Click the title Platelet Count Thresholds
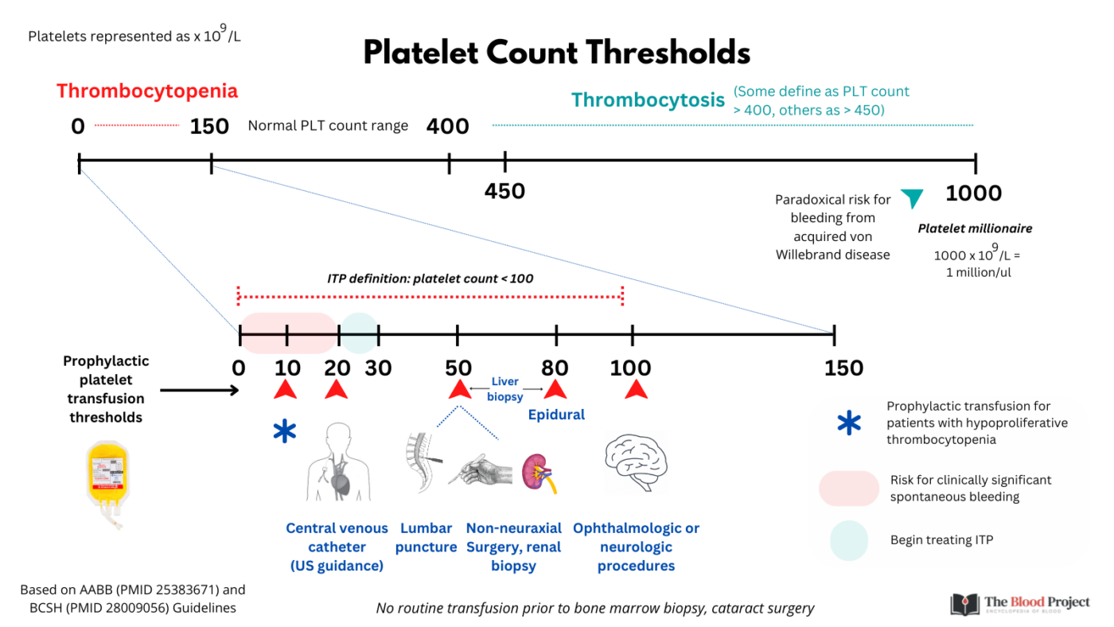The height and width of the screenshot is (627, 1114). tap(556, 53)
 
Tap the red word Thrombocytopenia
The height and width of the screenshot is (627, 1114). tap(147, 91)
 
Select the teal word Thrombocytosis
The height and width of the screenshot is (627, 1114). tap(648, 100)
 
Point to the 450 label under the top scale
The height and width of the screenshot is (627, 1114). tap(504, 192)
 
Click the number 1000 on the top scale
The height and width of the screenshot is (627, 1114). tap(973, 193)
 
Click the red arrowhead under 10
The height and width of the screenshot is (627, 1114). tap(286, 389)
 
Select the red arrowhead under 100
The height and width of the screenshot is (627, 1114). tap(635, 389)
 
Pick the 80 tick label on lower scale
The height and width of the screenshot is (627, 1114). tap(555, 368)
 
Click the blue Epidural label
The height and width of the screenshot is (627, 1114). tap(556, 415)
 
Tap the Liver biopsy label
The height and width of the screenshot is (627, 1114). tap(504, 389)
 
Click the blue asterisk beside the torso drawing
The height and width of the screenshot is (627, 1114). tap(283, 433)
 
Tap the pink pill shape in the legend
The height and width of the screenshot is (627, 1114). tap(848, 488)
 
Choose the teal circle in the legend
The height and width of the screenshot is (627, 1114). tap(848, 540)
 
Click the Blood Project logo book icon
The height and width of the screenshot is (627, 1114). tap(964, 604)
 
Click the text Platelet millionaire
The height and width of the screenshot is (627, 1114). tap(975, 228)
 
